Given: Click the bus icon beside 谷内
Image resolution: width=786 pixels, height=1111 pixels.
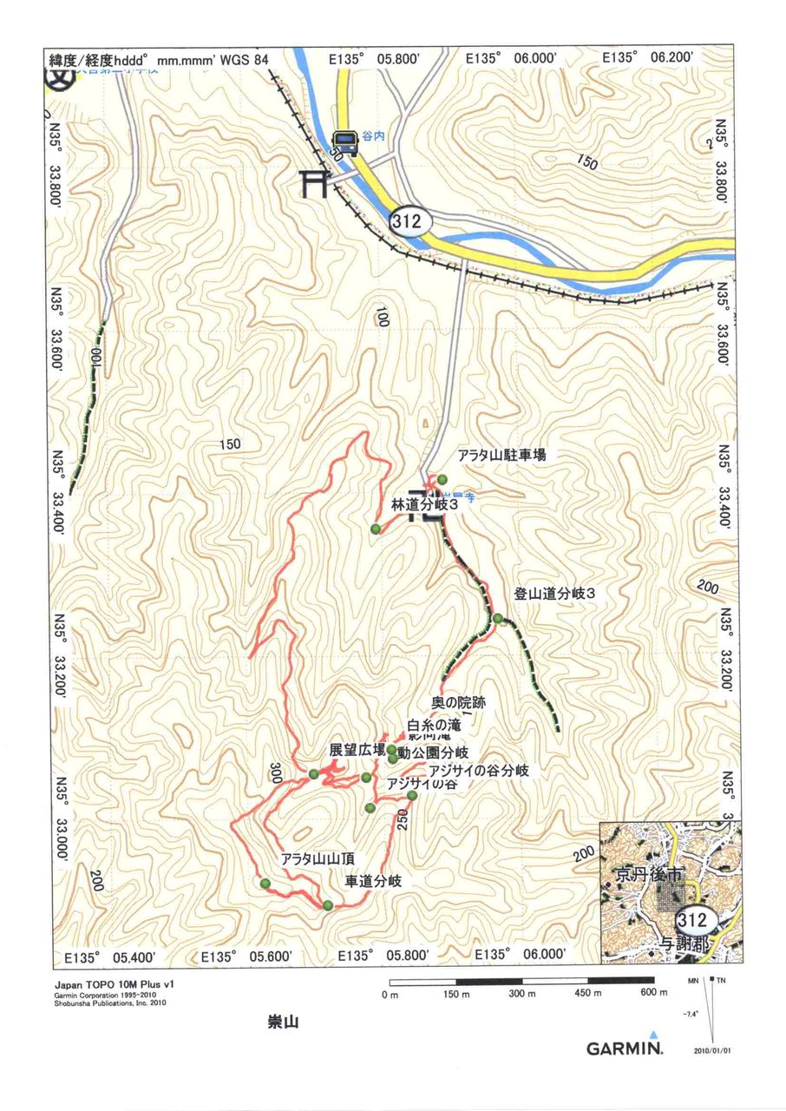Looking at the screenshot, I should [x=344, y=143].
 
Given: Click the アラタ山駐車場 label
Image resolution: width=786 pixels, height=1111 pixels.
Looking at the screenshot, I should [x=502, y=455].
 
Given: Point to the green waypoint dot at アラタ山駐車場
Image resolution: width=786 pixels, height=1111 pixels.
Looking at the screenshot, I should [x=442, y=479].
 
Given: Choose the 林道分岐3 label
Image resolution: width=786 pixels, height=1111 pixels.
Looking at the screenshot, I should [x=425, y=503].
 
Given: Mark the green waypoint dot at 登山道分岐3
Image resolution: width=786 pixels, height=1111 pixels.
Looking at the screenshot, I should [x=498, y=618].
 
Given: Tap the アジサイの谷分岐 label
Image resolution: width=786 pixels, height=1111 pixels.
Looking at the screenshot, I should [x=478, y=769].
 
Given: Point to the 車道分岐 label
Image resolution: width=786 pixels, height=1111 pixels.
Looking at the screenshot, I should [x=373, y=881].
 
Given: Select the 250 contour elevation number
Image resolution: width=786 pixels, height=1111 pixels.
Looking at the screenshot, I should [x=403, y=820].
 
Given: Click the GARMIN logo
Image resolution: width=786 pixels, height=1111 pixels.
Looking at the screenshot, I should [x=624, y=1048].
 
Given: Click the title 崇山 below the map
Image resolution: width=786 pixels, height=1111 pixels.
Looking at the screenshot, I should [x=283, y=1022].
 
